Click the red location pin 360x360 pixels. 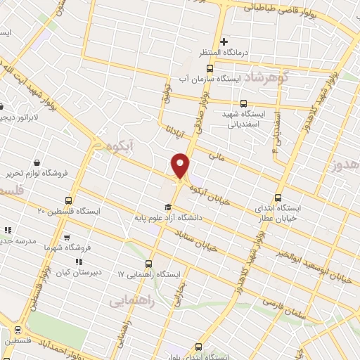[181, 165]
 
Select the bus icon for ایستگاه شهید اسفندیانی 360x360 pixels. [243, 103]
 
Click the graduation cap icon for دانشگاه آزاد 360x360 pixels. [167, 207]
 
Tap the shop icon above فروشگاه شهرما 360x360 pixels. [67, 238]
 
